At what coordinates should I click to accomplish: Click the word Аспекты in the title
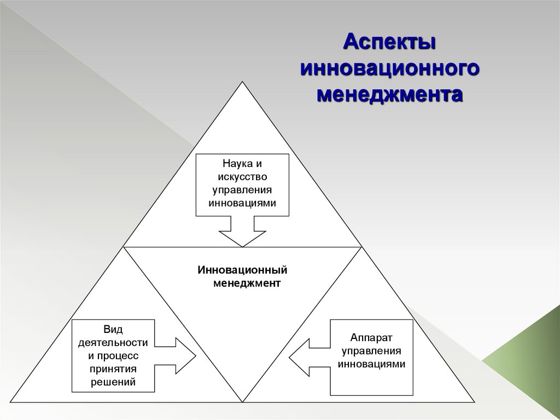(x=390, y=42)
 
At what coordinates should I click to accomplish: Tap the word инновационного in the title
(x=390, y=68)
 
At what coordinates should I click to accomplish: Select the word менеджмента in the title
(x=390, y=94)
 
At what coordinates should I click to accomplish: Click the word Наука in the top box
(x=234, y=164)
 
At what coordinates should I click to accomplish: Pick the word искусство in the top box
(x=242, y=177)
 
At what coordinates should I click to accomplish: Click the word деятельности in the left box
(x=113, y=343)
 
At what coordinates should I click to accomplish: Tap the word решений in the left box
(x=113, y=382)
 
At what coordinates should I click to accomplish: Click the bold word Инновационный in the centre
(x=243, y=271)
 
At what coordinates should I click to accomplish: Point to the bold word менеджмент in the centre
(x=246, y=284)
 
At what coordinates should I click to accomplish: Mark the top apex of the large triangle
(x=242, y=82)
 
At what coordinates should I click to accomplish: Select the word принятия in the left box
(x=113, y=369)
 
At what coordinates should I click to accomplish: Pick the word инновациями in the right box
(x=371, y=364)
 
